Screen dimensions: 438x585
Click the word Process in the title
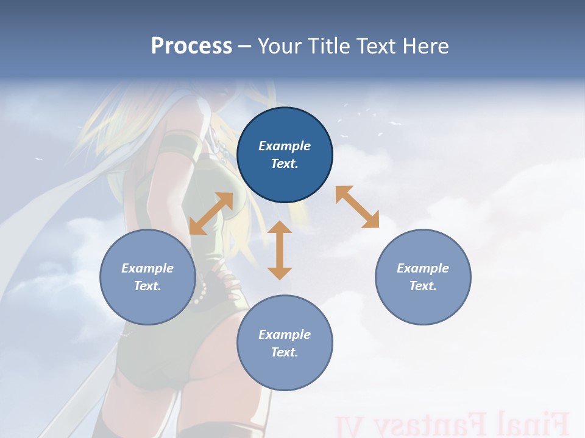(x=191, y=46)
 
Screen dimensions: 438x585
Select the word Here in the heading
(x=425, y=46)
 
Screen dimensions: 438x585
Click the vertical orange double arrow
(x=280, y=250)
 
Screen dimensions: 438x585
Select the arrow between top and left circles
(x=211, y=214)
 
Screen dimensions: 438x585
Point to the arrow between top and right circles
(x=357, y=207)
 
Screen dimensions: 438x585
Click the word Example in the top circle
(x=285, y=146)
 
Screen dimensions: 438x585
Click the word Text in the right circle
(x=423, y=286)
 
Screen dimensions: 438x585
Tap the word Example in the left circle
(x=147, y=268)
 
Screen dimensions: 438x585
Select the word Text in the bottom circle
(x=285, y=352)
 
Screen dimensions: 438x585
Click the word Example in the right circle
(x=423, y=268)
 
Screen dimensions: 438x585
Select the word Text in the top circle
(x=285, y=164)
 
